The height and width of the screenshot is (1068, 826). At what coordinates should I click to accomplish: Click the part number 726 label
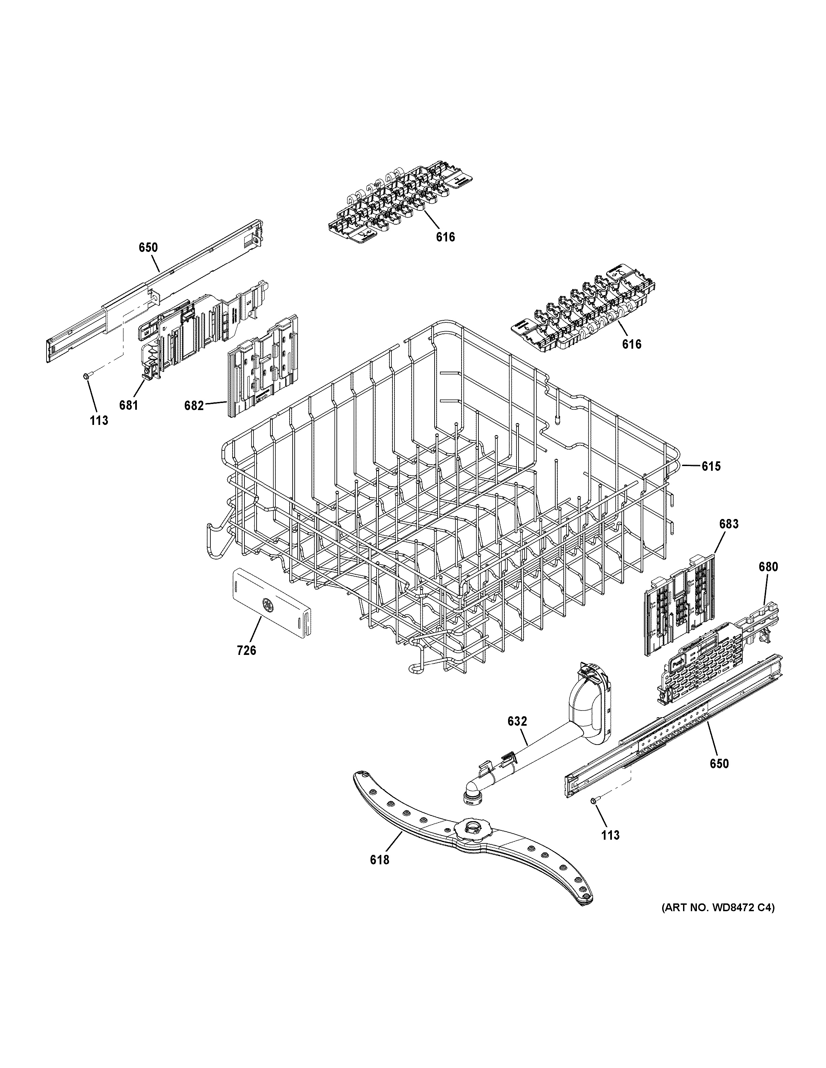pyautogui.click(x=246, y=651)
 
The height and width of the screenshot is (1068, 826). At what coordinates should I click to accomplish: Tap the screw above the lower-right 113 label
pyautogui.click(x=593, y=801)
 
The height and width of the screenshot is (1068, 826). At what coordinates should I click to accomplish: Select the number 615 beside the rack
pyautogui.click(x=711, y=466)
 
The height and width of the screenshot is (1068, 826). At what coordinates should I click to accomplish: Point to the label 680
pyautogui.click(x=768, y=567)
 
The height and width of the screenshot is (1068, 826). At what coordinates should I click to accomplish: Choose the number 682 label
pyautogui.click(x=194, y=405)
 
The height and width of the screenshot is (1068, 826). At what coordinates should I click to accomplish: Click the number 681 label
pyautogui.click(x=128, y=405)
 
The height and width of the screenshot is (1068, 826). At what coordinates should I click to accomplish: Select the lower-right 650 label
pyautogui.click(x=719, y=763)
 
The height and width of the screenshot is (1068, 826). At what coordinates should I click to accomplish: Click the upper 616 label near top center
pyautogui.click(x=445, y=237)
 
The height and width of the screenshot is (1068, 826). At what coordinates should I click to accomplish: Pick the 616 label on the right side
pyautogui.click(x=631, y=344)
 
